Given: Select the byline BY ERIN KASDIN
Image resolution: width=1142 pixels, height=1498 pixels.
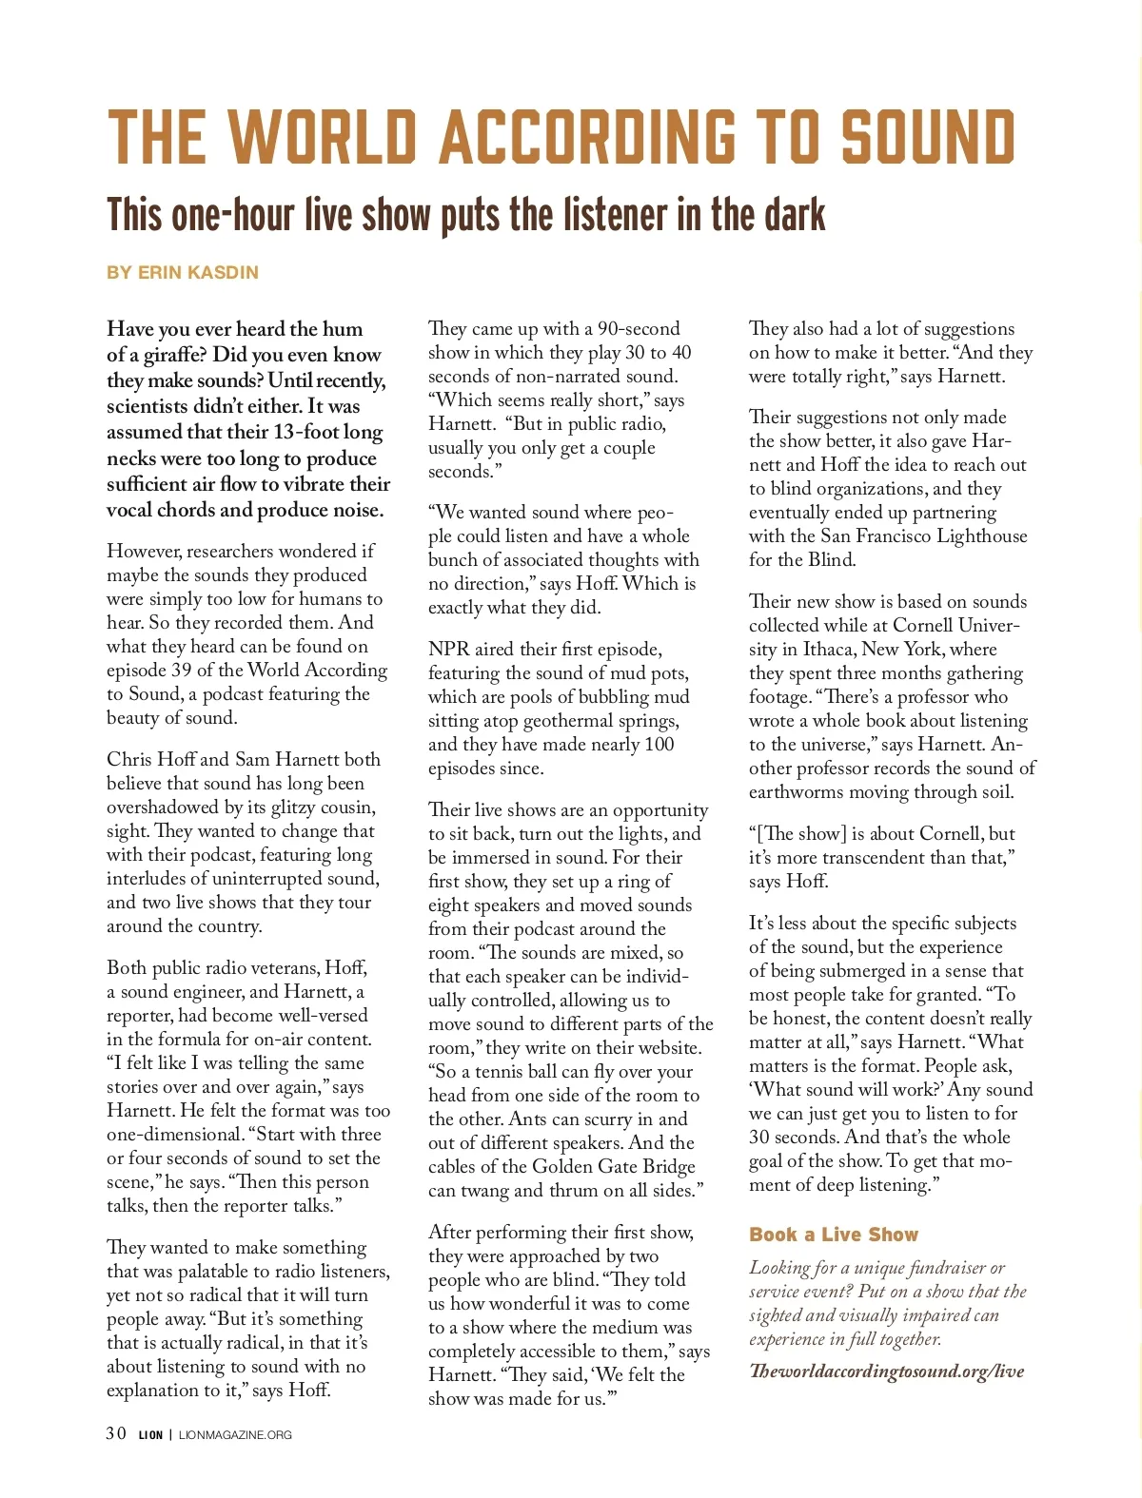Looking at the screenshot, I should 183,272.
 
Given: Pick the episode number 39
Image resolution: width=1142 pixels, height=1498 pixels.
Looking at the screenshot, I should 182,670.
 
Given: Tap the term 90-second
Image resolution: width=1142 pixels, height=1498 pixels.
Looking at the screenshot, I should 638,329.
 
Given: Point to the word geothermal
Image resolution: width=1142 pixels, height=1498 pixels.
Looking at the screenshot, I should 536,721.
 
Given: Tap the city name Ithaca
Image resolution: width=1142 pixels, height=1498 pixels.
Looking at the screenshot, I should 828,650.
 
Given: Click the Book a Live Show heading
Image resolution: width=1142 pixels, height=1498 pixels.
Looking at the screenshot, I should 833,1235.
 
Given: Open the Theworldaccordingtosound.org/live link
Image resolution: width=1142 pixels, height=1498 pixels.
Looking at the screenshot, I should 886,1372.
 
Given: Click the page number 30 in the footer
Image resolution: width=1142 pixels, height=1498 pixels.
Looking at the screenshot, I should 116,1434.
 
